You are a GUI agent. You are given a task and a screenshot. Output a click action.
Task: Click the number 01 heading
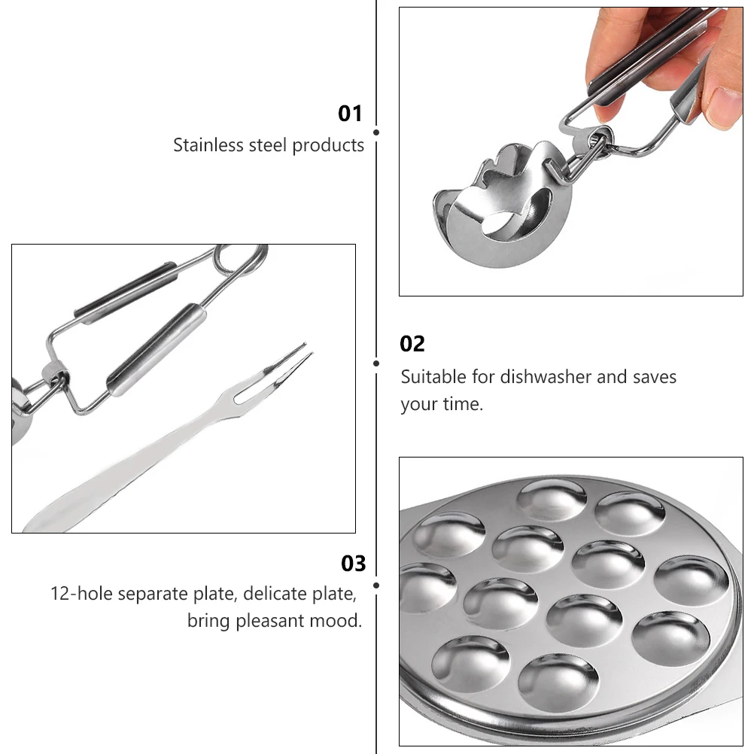[350, 114]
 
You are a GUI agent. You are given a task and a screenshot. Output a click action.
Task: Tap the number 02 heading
[412, 344]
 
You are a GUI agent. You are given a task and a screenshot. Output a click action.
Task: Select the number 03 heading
[353, 564]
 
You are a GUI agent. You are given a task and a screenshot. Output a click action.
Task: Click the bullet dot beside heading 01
[376, 132]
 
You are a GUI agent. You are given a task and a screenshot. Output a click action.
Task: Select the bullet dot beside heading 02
[376, 363]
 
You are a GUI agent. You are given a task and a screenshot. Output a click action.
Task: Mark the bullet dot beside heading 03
[376, 584]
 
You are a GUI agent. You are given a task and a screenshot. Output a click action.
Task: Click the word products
[328, 144]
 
